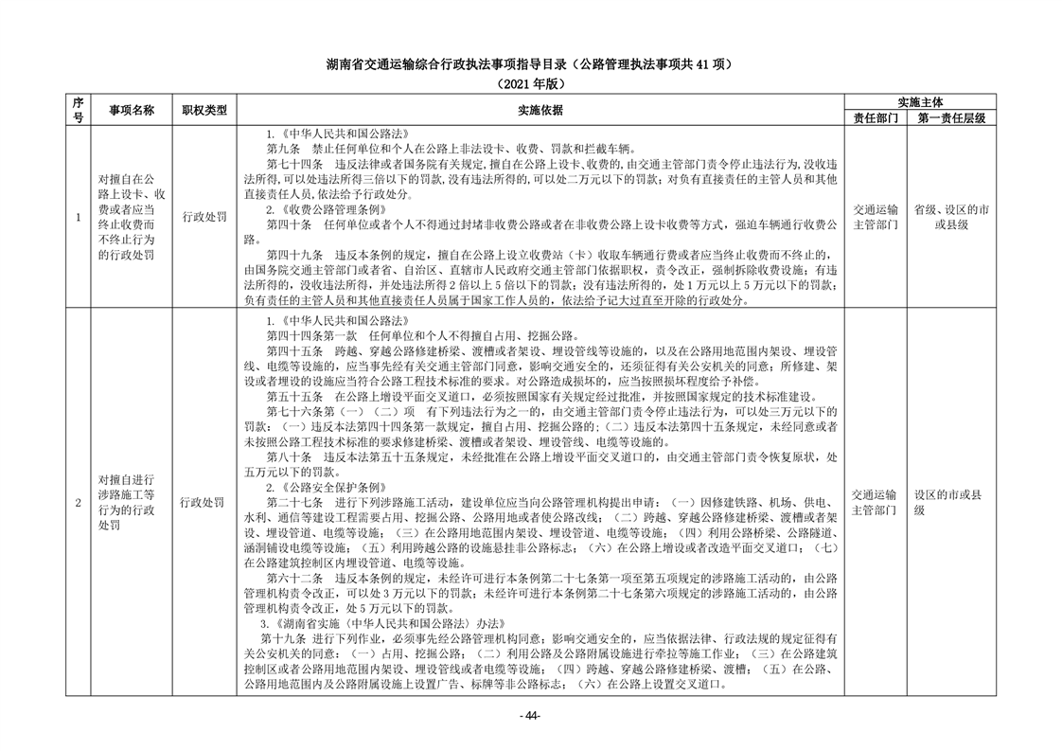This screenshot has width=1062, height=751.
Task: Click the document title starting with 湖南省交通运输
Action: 530,65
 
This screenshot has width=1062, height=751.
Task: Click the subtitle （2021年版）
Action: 530,83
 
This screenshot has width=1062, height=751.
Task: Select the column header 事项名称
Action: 131,110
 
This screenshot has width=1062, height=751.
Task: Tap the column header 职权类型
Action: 204,110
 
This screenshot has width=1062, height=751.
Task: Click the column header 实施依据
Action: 540,110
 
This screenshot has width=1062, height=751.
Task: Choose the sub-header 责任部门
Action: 876,117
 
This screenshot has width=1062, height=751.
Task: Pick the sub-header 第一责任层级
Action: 951,117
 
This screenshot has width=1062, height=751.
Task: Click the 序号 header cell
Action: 78,110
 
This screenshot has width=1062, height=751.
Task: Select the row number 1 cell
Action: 78,217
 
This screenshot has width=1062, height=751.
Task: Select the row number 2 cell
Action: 78,502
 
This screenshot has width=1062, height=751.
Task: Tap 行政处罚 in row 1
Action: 204,217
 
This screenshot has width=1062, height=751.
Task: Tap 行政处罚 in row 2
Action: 204,502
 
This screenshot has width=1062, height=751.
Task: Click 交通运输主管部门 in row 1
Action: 876,217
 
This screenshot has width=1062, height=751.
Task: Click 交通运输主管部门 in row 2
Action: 876,502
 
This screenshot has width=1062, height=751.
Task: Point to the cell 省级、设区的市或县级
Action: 951,217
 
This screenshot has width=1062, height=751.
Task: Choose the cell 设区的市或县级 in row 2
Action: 949,502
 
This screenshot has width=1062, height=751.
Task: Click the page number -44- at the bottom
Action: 530,715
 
